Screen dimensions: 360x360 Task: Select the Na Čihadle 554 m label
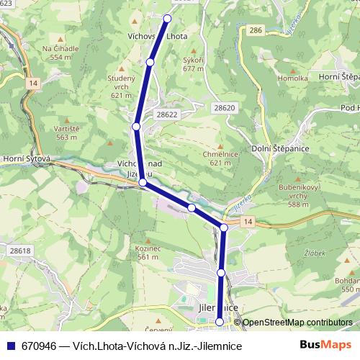click(x=57, y=52)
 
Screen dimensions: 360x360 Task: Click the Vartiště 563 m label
click(x=66, y=132)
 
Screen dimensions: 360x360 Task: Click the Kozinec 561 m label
click(x=147, y=252)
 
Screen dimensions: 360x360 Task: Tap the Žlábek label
click(x=315, y=253)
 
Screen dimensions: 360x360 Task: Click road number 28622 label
click(x=166, y=114)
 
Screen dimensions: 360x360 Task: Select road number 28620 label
click(x=224, y=107)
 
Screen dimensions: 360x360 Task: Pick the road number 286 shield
click(x=253, y=30)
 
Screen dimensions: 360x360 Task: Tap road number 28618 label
click(x=21, y=251)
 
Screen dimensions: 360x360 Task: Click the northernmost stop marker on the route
click(x=168, y=18)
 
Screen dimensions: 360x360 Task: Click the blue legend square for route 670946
click(x=10, y=346)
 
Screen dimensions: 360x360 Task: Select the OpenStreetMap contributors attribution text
click(x=298, y=323)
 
